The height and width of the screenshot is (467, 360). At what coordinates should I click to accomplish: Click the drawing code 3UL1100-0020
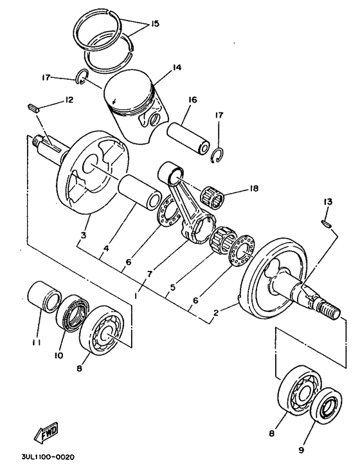(39, 457)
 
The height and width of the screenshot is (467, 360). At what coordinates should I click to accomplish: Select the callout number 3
(84, 236)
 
